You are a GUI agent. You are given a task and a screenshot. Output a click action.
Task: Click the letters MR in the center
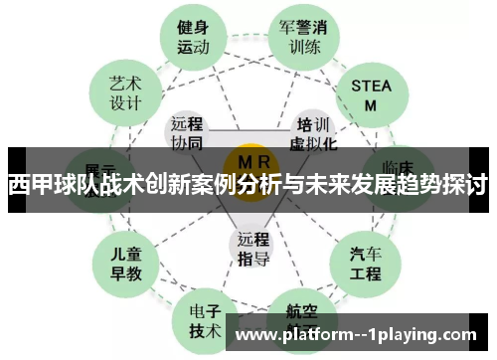click(249, 162)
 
